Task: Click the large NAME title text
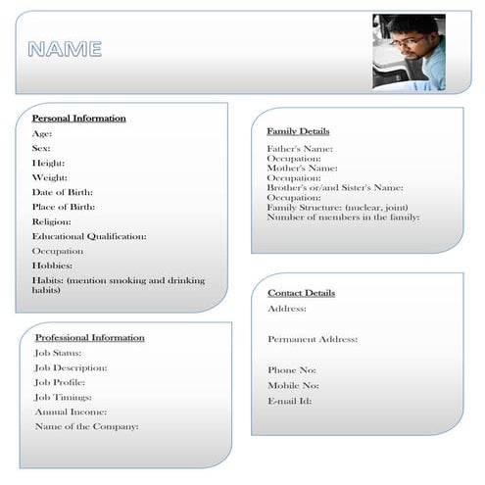pyautogui.click(x=65, y=49)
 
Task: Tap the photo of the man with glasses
pyautogui.click(x=409, y=51)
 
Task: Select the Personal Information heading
pyautogui.click(x=78, y=119)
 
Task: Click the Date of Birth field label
pyautogui.click(x=63, y=192)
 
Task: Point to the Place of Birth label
pyautogui.click(x=64, y=207)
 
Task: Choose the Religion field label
pyautogui.click(x=52, y=221)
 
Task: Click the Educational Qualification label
pyautogui.click(x=89, y=236)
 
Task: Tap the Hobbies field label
pyautogui.click(x=52, y=266)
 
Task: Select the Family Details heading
pyautogui.click(x=298, y=131)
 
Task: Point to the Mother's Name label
pyautogui.click(x=302, y=168)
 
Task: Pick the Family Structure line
pyautogui.click(x=337, y=207)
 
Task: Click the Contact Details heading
pyautogui.click(x=301, y=293)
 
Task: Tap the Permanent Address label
pyautogui.click(x=313, y=339)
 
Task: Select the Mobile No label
pyautogui.click(x=293, y=385)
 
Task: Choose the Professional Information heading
pyautogui.click(x=89, y=338)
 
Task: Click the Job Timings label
pyautogui.click(x=64, y=397)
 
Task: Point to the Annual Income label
pyautogui.click(x=71, y=412)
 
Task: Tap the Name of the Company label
pyautogui.click(x=86, y=426)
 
